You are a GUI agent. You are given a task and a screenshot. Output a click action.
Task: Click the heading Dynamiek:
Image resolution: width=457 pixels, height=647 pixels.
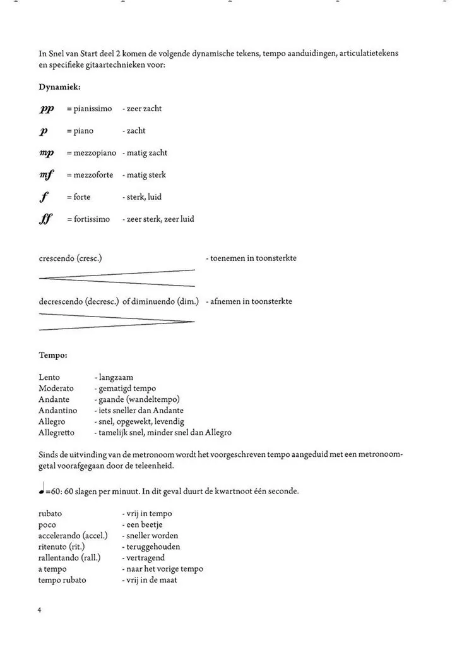coord(59,87)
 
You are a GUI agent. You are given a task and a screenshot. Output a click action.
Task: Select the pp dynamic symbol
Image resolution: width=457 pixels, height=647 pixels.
coord(47,109)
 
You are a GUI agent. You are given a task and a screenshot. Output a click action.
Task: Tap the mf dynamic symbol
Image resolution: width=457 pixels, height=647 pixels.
coord(47,176)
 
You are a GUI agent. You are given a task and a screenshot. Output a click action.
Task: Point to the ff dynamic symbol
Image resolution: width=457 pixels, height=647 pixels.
coord(46,220)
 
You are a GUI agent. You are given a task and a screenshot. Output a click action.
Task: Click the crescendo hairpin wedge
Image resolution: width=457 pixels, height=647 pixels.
coord(117,278)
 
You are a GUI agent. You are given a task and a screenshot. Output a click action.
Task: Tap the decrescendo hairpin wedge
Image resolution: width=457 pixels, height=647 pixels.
coord(117,322)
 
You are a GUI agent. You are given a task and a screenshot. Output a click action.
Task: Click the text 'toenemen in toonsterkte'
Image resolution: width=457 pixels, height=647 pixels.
coord(253,258)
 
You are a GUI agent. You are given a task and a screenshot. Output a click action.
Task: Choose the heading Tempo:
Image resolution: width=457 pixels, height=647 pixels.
coord(53,355)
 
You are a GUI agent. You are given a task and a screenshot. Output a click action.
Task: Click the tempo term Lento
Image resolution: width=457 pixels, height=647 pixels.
coord(49,377)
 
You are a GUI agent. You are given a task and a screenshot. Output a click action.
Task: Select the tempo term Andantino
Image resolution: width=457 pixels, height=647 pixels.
coord(57,411)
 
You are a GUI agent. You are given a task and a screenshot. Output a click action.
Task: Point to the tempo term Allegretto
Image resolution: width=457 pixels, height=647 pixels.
coord(56,433)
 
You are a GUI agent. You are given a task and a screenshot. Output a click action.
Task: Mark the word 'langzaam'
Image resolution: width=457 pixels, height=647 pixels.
coord(116,377)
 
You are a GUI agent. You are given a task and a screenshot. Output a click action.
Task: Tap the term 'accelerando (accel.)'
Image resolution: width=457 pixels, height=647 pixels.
coord(73,536)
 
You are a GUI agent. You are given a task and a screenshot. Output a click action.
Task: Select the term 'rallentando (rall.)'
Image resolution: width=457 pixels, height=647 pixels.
coord(69,558)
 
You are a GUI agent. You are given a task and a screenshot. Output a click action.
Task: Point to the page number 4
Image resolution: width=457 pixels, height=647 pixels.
coord(40,611)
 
